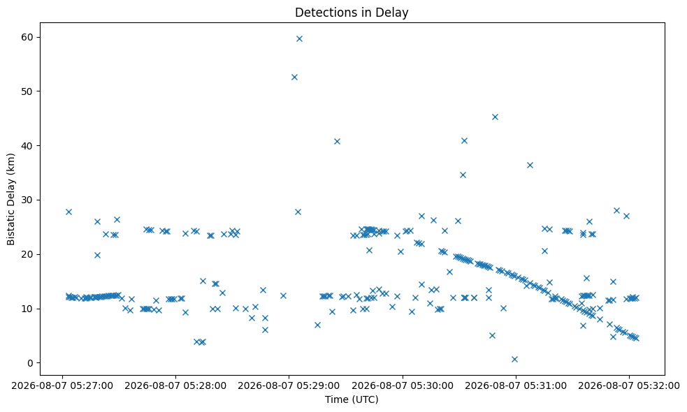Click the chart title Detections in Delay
tap(352, 13)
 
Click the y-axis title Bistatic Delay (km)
tap(11, 199)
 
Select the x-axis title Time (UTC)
tap(352, 399)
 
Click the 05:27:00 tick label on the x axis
tap(62, 386)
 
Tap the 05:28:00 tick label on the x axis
tap(175, 386)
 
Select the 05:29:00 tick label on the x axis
tap(289, 386)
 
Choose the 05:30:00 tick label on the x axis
tap(403, 386)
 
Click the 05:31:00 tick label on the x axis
tap(516, 386)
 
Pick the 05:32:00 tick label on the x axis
tap(629, 386)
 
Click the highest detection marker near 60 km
tap(299, 38)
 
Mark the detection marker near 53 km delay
tap(294, 77)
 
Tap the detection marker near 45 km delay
tap(495, 117)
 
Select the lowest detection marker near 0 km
tap(514, 359)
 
